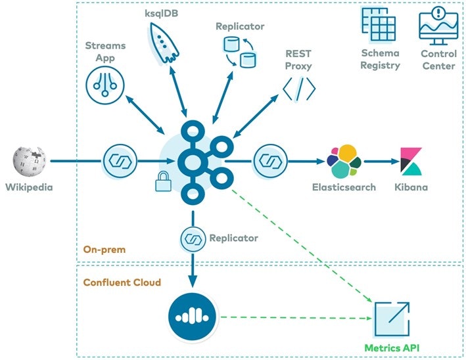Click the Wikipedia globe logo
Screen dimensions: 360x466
coord(30,162)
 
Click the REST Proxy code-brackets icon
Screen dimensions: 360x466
coord(299,88)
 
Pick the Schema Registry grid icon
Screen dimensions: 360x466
coord(379,24)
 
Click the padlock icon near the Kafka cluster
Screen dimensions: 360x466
coord(162,181)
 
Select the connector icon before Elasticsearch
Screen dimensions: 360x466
coord(270,160)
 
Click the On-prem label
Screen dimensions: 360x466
coord(104,250)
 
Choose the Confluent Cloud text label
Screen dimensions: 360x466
coord(122,282)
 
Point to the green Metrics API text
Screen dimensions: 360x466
coord(392,347)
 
